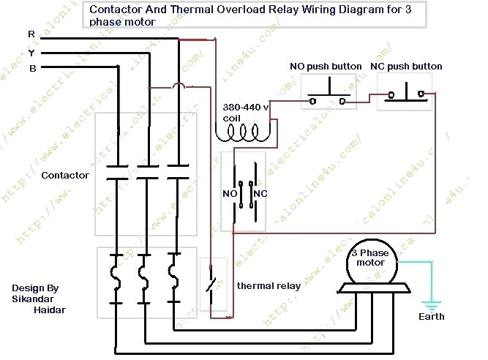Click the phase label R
[x=31, y=35]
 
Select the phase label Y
[x=31, y=53]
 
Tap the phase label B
[x=32, y=69]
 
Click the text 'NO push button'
[x=326, y=67]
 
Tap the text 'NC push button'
[x=406, y=67]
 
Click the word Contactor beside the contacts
[x=65, y=176]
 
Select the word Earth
[x=431, y=317]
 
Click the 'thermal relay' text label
[x=269, y=286]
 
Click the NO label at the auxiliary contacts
[x=229, y=194]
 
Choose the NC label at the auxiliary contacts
[x=260, y=194]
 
